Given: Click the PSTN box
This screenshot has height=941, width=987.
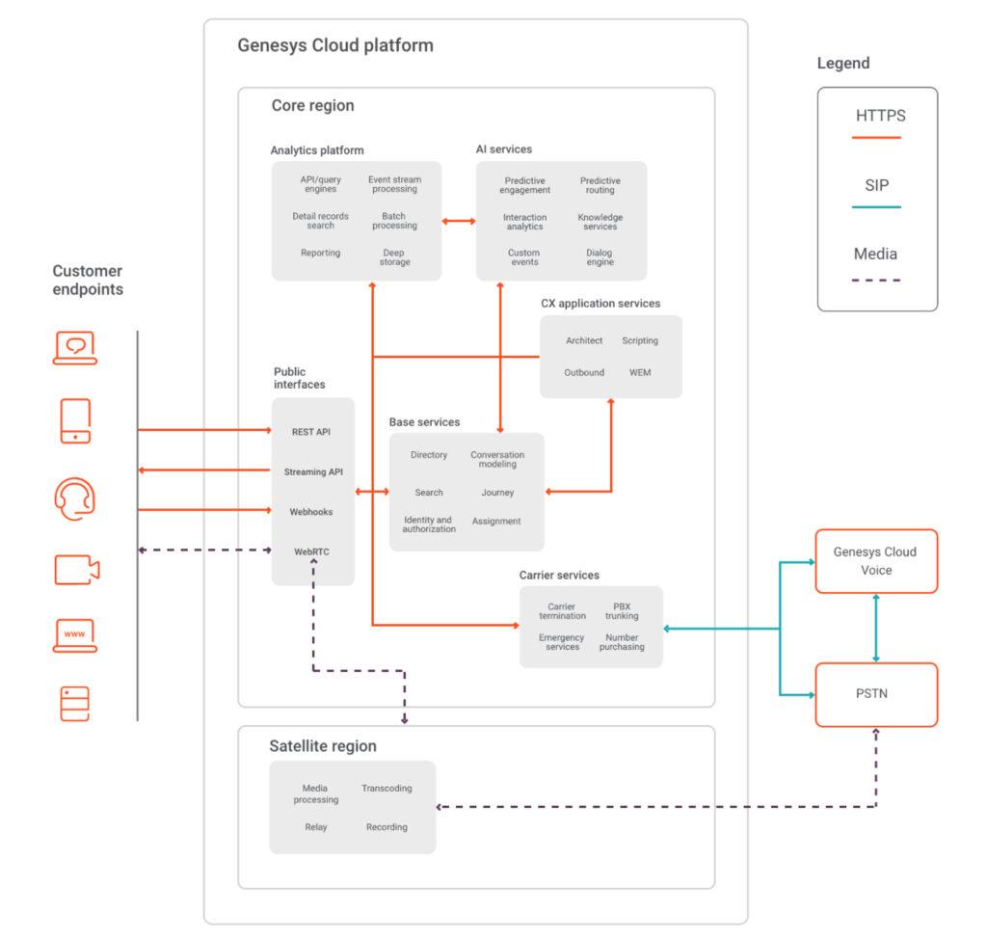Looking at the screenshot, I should (x=876, y=694).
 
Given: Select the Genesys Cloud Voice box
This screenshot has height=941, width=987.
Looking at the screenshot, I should (x=876, y=561).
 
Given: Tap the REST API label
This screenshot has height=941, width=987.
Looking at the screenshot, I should (x=311, y=432).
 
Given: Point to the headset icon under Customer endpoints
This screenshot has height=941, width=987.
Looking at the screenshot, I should (x=74, y=500).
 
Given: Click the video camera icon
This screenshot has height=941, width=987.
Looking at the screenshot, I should (x=76, y=570).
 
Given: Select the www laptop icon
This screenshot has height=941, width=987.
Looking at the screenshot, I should (x=74, y=635).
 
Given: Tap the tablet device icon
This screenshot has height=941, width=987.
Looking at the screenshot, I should (x=75, y=421).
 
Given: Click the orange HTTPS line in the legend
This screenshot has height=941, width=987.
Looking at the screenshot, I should (x=877, y=138).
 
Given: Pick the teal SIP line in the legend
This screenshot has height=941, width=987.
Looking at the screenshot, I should (x=877, y=207).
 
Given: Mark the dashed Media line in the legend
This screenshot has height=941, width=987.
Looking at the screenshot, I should (x=877, y=280).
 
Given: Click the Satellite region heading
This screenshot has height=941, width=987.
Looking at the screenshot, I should (x=323, y=746).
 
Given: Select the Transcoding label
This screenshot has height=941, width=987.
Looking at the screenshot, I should (x=387, y=789).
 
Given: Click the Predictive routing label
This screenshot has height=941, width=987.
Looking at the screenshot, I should (x=600, y=185).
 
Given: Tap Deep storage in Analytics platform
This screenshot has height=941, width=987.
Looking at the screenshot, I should (x=394, y=257).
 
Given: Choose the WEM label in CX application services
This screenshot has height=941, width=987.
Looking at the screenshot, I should (x=640, y=372).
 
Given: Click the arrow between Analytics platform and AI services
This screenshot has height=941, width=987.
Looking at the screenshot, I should (x=459, y=222).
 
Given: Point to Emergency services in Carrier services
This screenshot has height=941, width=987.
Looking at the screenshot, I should (x=562, y=642).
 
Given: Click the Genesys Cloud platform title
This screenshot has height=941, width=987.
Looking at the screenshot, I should (x=335, y=45).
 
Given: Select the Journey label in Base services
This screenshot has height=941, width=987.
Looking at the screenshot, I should (x=497, y=493).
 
